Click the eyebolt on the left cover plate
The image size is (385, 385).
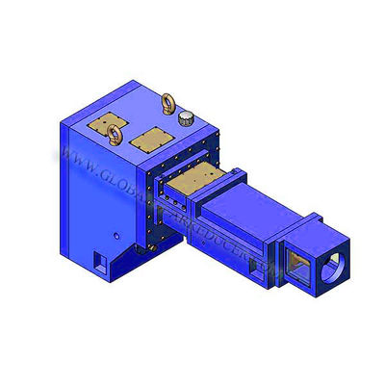coord(115,134)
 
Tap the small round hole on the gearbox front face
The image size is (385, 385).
coord(114,233)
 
